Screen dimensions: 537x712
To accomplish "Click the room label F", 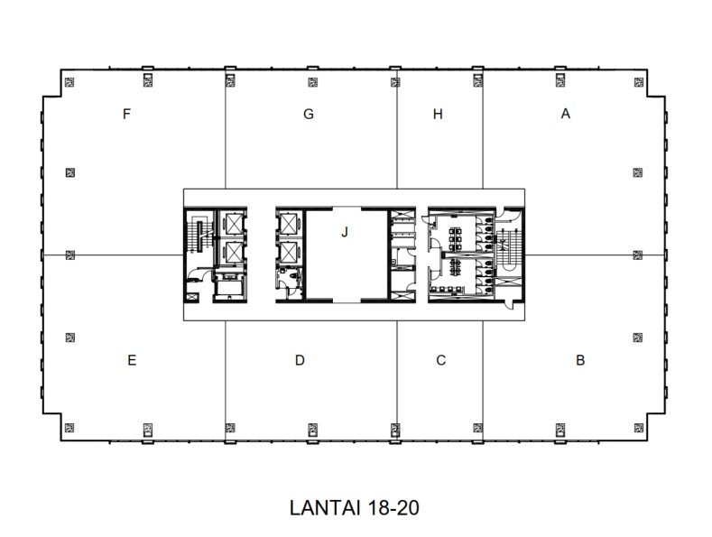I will [127, 115].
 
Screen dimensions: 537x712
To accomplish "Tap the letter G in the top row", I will [309, 115].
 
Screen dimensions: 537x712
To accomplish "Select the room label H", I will [438, 115].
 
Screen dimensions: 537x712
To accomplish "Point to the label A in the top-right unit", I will [566, 114].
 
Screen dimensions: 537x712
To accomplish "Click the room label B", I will [580, 360].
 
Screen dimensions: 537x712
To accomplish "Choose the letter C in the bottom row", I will [440, 360].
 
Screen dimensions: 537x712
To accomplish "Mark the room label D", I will [300, 360].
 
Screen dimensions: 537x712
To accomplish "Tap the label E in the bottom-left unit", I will [132, 360].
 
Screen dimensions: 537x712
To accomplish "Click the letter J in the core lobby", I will [345, 232].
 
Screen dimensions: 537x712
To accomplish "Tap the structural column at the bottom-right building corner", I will [638, 427].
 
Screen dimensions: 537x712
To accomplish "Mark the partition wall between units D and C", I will [397, 379].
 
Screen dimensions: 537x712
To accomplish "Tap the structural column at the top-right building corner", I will [638, 82].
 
